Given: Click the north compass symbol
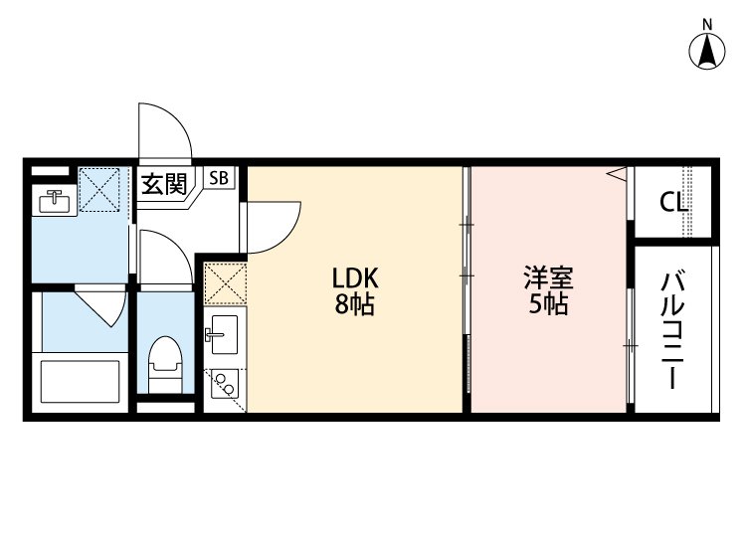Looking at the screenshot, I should click(x=707, y=52).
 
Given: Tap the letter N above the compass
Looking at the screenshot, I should click(x=707, y=23).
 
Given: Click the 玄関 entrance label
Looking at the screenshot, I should click(x=162, y=183).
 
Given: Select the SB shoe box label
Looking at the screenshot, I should click(x=219, y=179).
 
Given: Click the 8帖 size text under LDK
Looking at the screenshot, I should click(x=354, y=305).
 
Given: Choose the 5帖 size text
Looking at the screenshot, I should click(x=548, y=305).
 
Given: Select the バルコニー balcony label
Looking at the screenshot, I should click(x=672, y=328).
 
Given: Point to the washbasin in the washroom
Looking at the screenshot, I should click(x=53, y=201).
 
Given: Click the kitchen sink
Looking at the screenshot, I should click(x=222, y=332).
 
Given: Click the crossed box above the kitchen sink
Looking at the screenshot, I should click(x=224, y=282).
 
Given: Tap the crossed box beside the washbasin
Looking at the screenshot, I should click(x=100, y=189).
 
